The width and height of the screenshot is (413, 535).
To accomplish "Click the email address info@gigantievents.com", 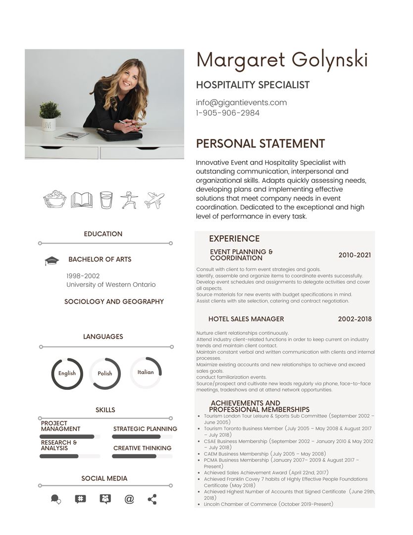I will point(241,103).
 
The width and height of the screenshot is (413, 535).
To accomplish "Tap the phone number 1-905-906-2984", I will point(227,113).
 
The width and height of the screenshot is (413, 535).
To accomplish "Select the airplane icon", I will point(155,200).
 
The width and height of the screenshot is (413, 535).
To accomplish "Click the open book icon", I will point(82,200).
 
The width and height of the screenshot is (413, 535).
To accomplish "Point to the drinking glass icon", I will point(105,200).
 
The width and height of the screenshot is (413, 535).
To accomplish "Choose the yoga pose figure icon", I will point(128,200).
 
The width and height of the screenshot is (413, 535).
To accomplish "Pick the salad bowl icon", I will point(55,199).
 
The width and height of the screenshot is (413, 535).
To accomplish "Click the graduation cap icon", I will point(52,261).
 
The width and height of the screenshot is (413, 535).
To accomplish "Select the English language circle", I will point(67,374).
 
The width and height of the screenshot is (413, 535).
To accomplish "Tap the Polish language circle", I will point(105,374).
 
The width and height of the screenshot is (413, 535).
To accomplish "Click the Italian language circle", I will point(146,373).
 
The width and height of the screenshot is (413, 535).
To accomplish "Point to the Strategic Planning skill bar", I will point(142,437).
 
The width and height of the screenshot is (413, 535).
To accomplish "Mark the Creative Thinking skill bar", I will point(142,456).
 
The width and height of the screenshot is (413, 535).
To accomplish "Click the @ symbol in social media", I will point(129,499).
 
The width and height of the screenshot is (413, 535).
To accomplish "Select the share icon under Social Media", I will point(152,499).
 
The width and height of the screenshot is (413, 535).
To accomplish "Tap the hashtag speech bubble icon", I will point(80,499).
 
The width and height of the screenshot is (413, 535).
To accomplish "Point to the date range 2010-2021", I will point(355,255).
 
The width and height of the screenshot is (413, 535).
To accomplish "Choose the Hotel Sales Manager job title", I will point(246,319).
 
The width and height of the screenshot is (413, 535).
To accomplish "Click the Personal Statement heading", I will point(260,144).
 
